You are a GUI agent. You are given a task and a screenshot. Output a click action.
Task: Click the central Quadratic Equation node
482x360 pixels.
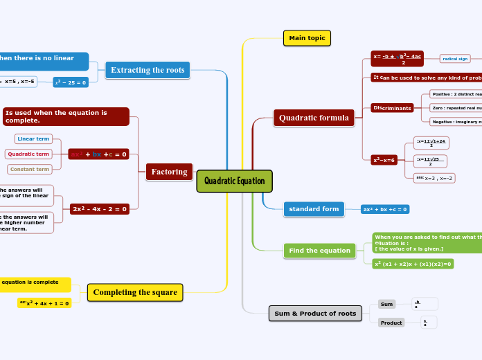(x=235, y=181)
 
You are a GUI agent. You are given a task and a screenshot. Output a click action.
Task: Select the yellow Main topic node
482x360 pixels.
(x=307, y=38)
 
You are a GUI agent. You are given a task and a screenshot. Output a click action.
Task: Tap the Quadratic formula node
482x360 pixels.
(x=314, y=118)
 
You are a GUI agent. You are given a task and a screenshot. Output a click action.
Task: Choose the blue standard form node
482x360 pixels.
(x=314, y=209)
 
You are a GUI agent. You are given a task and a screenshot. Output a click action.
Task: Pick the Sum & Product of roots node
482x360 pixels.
(x=315, y=314)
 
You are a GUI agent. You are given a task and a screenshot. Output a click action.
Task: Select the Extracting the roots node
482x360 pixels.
(x=148, y=70)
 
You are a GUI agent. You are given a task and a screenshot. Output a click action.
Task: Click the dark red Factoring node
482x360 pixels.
(x=169, y=172)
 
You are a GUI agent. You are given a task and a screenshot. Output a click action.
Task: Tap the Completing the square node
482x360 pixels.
(x=135, y=293)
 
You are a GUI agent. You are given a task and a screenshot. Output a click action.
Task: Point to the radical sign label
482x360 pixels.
(x=455, y=59)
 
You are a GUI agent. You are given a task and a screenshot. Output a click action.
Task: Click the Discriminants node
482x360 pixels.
(x=393, y=108)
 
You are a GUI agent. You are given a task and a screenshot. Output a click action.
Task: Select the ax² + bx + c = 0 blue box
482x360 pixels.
(x=385, y=209)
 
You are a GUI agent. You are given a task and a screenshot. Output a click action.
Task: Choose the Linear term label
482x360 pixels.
(x=33, y=139)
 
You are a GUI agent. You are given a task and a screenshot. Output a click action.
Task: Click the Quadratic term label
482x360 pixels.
(x=28, y=154)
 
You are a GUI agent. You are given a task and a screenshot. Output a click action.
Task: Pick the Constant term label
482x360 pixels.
(x=29, y=169)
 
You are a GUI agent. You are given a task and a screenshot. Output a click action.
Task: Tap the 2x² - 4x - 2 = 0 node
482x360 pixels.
(x=100, y=209)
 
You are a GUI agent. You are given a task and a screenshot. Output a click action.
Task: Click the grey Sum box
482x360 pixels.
(x=387, y=304)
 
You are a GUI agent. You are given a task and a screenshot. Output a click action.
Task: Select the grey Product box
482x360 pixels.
(x=391, y=323)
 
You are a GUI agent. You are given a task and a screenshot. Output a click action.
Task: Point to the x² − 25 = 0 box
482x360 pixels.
(x=71, y=82)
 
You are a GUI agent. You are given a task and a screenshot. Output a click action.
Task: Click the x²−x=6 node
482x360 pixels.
(x=384, y=160)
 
